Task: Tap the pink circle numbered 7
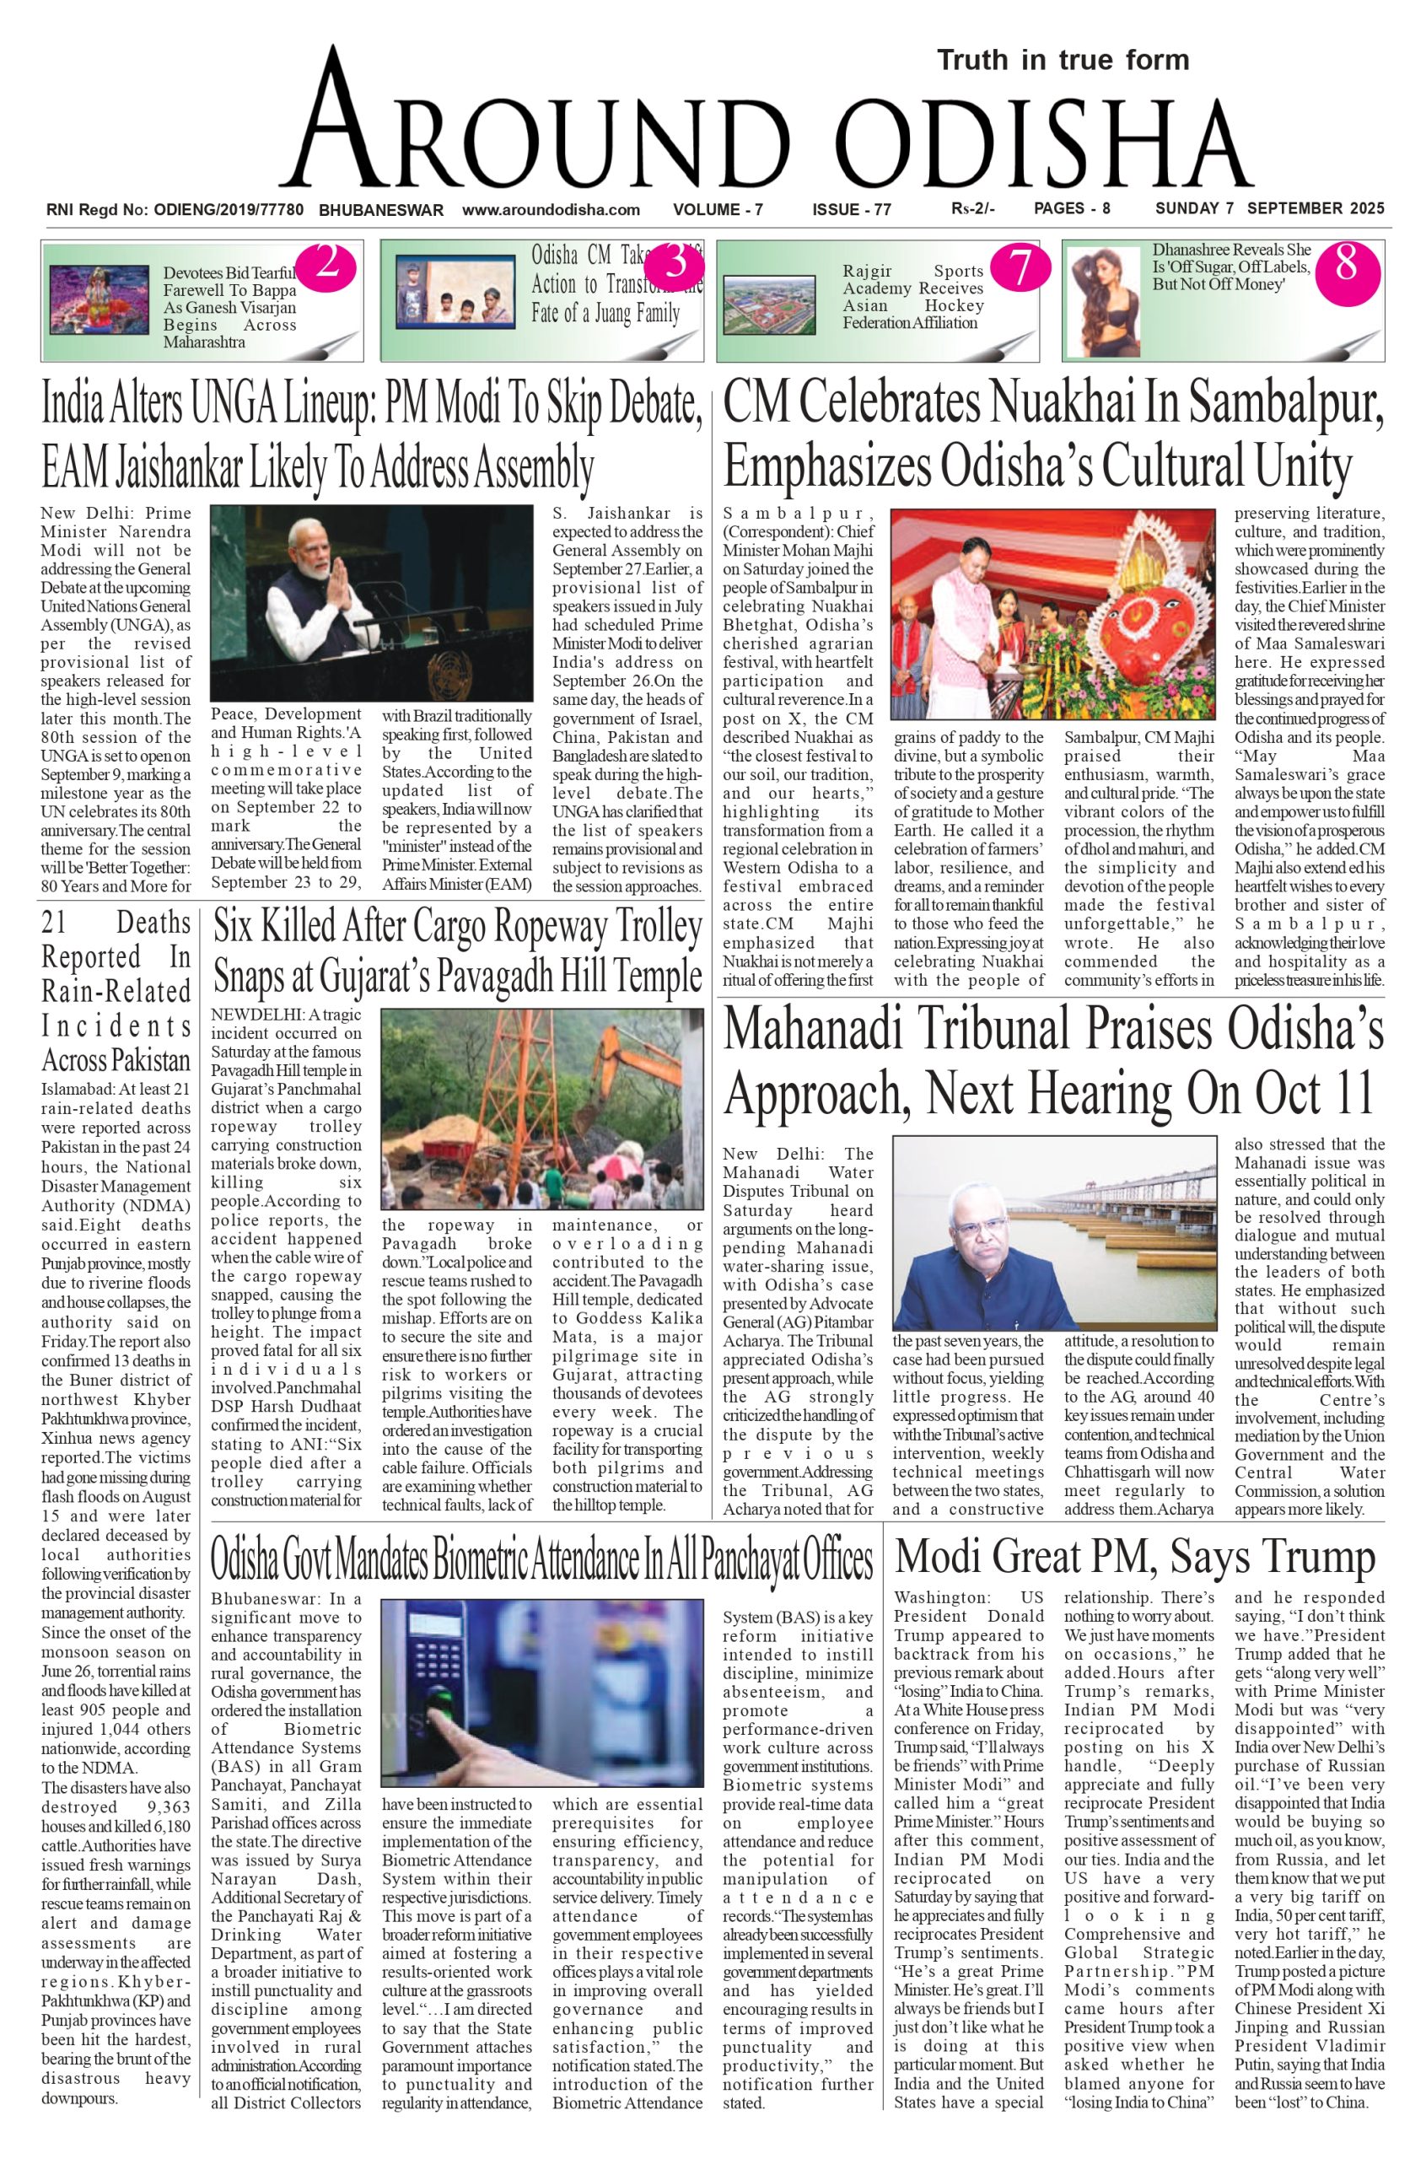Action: coord(1020,267)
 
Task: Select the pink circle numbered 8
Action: coord(1346,265)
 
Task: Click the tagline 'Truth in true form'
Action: coord(1063,61)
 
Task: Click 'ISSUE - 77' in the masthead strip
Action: coord(851,210)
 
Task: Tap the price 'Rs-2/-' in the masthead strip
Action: coord(973,209)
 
